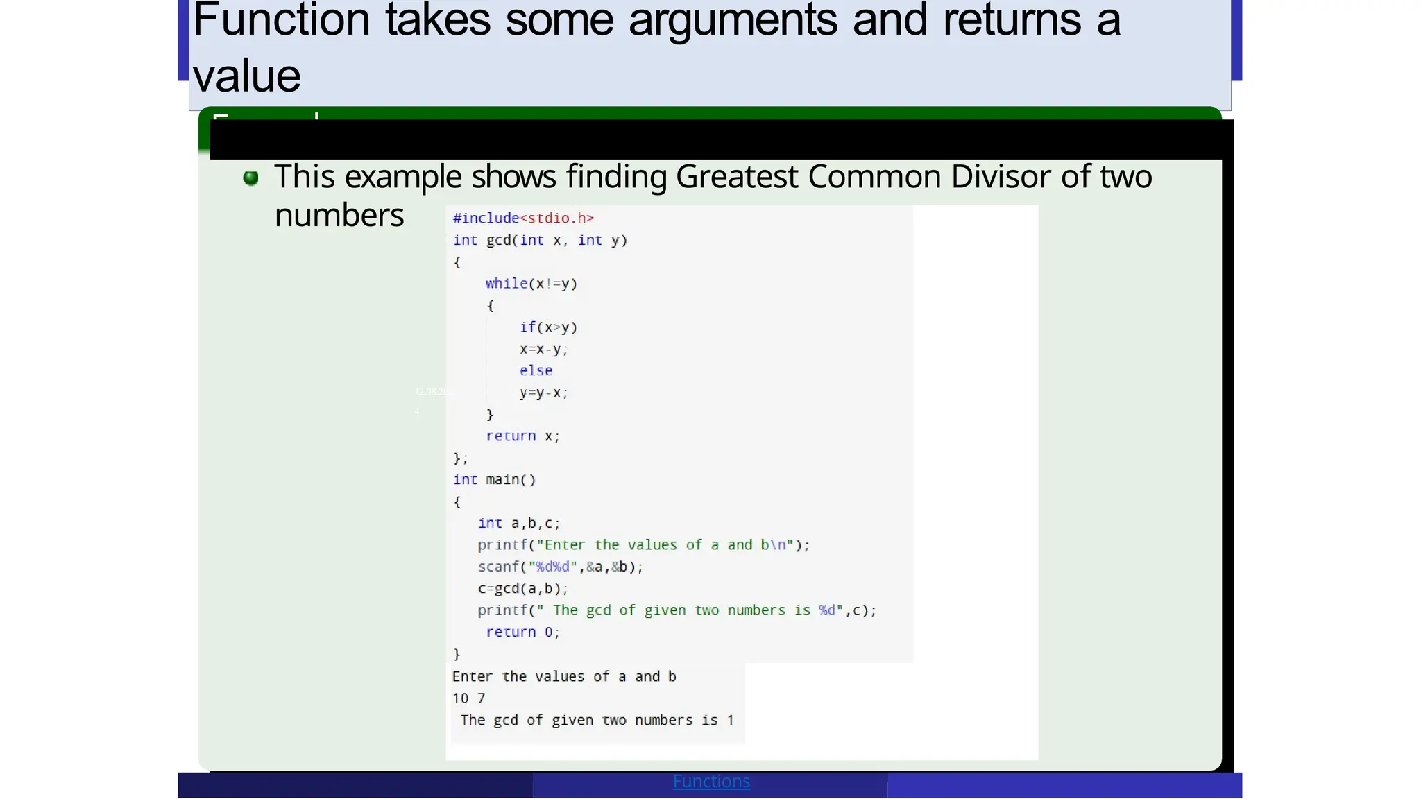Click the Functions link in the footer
[711, 782]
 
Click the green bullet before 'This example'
[251, 178]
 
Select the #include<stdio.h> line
[523, 218]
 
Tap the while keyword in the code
[506, 284]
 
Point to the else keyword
[536, 371]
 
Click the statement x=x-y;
[543, 350]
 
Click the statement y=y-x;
[543, 393]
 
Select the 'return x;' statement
[522, 436]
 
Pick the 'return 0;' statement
[522, 633]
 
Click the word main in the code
[502, 480]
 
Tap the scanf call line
[560, 567]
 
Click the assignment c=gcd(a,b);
[522, 589]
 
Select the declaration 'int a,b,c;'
[518, 524]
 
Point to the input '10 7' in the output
[468, 698]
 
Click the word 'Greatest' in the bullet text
[736, 177]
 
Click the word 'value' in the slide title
[246, 76]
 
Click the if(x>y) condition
[548, 327]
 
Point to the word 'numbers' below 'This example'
[339, 216]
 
